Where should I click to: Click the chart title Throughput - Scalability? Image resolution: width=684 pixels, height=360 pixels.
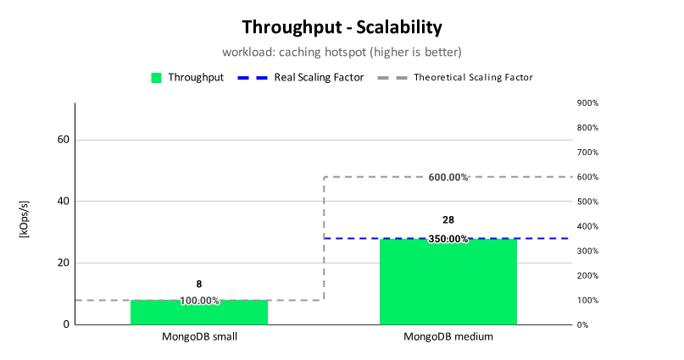coord(342,27)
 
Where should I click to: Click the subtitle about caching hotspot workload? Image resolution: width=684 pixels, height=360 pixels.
coord(342,53)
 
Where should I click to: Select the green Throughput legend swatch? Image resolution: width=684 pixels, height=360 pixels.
coord(156,78)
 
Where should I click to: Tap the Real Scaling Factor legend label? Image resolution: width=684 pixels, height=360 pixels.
coord(319,78)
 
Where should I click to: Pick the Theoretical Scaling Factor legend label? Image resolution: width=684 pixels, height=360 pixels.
coord(473,78)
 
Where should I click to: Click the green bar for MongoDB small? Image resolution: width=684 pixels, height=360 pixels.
coord(199,312)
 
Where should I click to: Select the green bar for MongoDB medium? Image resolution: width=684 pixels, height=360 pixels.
coord(448,281)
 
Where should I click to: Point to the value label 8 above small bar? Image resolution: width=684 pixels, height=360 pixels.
coord(199,284)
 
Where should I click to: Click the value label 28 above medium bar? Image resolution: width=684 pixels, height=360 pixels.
coord(448,220)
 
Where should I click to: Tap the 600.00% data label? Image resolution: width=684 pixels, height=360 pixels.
coord(448,177)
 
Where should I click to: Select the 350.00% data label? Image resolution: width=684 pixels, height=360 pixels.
coord(448,239)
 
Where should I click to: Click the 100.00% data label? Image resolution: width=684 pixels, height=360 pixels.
coord(199,301)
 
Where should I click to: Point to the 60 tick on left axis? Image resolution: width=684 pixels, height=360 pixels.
coord(64,140)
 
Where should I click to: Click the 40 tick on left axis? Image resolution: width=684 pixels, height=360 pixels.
coord(64,201)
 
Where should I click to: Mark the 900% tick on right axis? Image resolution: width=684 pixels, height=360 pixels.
coord(587,102)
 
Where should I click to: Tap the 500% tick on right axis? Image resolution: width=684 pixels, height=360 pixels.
coord(587,202)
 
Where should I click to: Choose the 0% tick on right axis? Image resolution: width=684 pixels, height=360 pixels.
coord(583,324)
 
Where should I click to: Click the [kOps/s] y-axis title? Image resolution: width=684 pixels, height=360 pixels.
coord(25,219)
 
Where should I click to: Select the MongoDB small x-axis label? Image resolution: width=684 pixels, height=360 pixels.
coord(199,337)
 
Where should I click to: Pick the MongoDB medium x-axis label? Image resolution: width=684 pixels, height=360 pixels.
coord(448,337)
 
